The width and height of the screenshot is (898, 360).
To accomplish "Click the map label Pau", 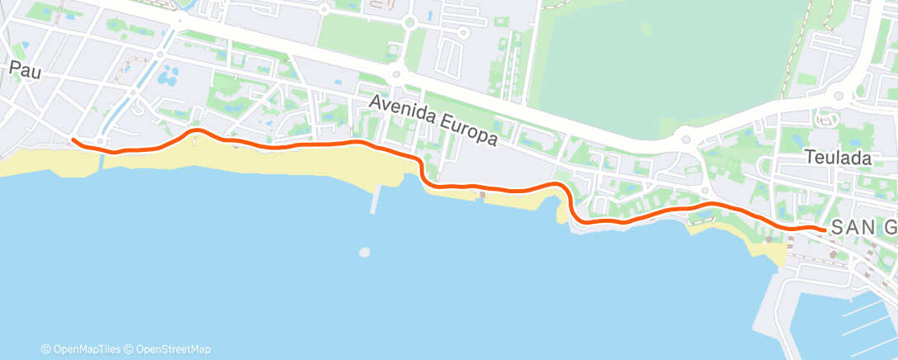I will point(25,71).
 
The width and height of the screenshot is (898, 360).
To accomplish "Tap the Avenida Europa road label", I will point(433,121).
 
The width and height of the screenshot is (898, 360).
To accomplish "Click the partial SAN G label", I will point(863,228).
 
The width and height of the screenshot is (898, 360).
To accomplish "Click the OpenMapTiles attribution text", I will point(85,349).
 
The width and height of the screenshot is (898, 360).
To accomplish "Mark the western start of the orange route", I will point(73,140).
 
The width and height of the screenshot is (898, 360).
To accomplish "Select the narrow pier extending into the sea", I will point(376,198).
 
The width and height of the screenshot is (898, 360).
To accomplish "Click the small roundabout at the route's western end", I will point(100,141).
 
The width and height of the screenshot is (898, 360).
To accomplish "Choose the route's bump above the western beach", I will point(196,130).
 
